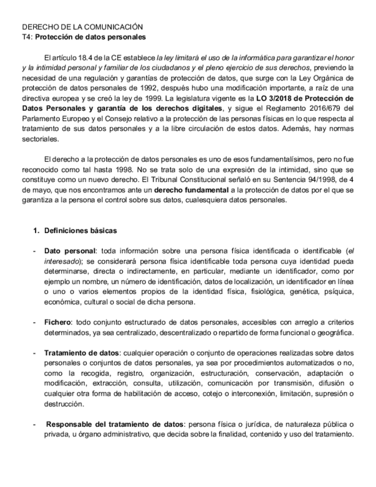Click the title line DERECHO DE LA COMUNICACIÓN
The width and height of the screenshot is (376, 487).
(x=82, y=27)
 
